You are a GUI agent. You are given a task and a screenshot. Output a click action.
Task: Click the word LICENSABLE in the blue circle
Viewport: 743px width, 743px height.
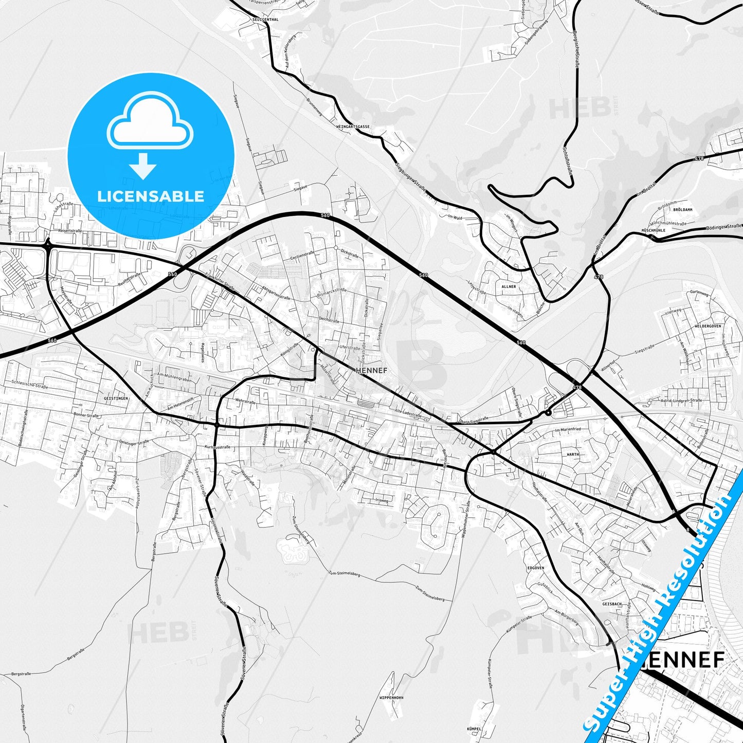[x=151, y=196]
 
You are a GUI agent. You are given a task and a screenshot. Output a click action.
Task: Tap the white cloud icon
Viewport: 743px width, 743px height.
[x=150, y=123]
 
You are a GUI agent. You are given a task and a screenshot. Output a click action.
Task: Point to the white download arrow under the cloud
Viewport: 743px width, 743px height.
[x=143, y=166]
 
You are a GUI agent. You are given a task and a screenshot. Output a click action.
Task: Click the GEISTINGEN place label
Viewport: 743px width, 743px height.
[x=116, y=398]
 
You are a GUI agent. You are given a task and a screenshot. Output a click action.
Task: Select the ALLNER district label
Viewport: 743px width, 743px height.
[x=509, y=286]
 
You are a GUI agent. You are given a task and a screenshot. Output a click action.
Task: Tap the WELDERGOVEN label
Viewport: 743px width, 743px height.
[x=708, y=326]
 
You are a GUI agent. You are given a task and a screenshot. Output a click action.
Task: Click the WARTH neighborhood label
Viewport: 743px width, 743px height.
[x=573, y=455]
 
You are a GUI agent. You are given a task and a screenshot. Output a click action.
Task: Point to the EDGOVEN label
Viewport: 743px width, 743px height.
[x=536, y=568]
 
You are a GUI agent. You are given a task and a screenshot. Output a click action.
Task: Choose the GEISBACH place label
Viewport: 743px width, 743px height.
[x=612, y=604]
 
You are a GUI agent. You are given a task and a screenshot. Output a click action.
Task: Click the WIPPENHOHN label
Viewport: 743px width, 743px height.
[x=391, y=698]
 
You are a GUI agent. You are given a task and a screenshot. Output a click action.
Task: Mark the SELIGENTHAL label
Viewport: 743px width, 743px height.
[x=265, y=20]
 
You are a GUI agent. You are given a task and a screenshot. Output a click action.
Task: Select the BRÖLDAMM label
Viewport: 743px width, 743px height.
[x=682, y=210]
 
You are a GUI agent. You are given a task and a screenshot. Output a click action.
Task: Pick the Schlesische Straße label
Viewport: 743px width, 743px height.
[x=29, y=384]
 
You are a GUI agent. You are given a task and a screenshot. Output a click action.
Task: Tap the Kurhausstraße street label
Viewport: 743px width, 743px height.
[x=217, y=447]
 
